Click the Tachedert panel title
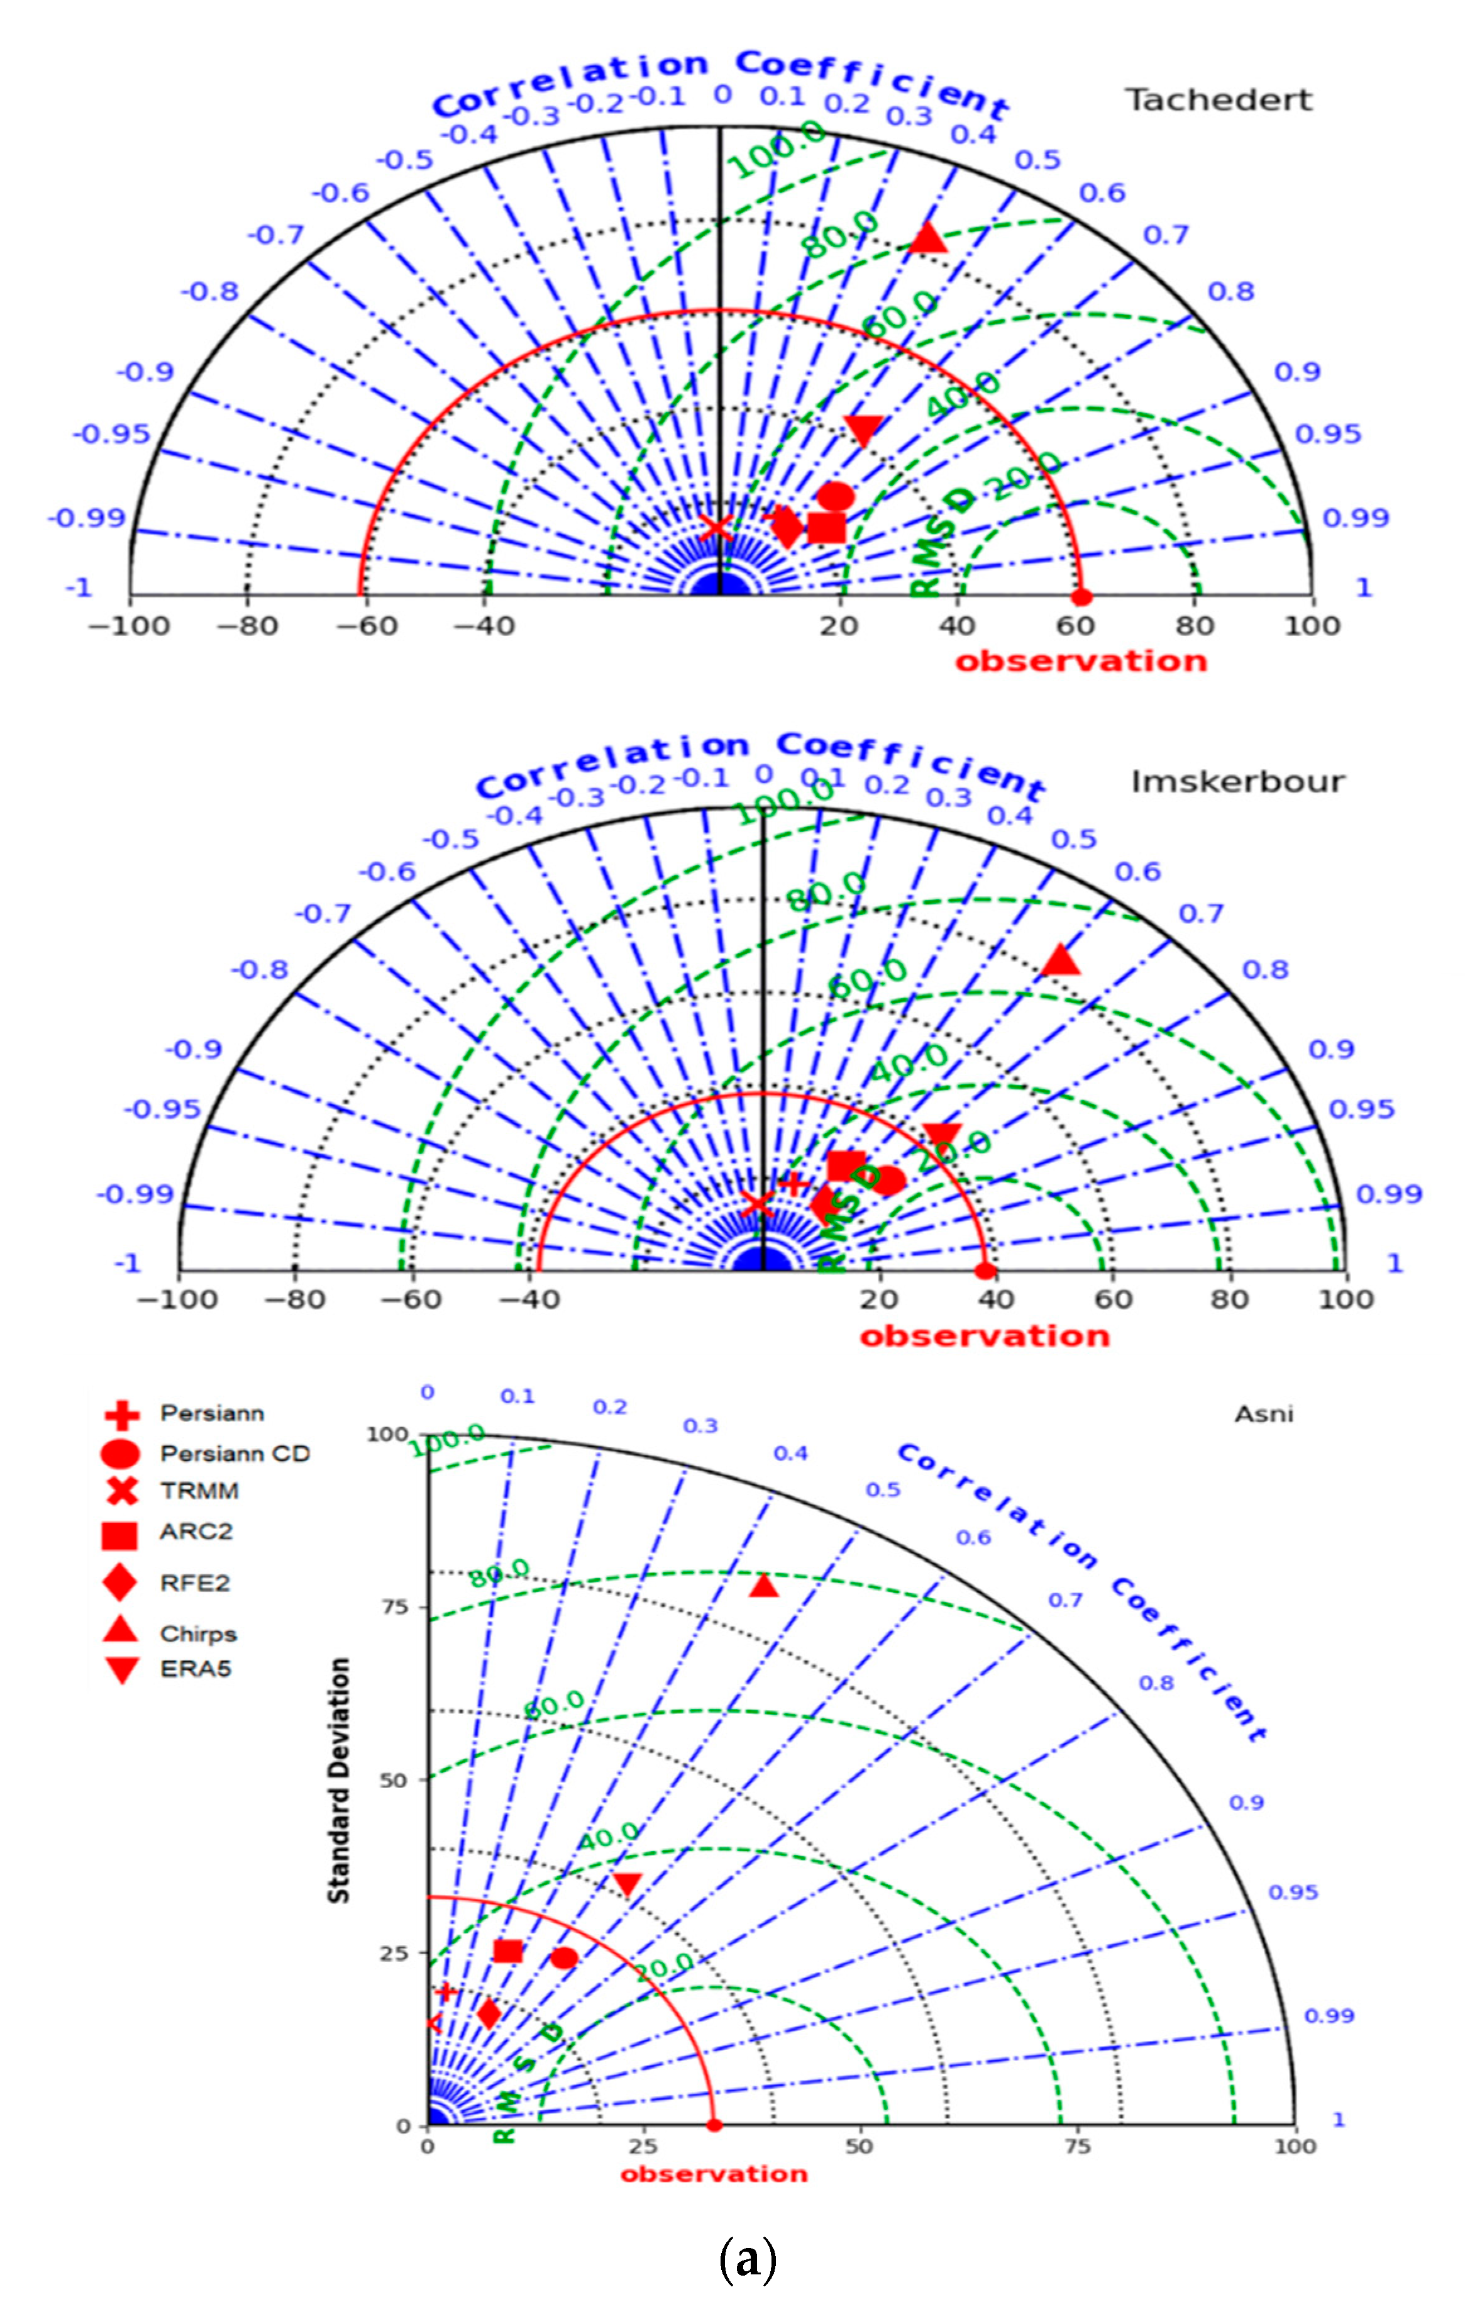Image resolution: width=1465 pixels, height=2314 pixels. click(x=1218, y=100)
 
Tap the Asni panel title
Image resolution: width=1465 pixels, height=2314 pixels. click(x=1263, y=1413)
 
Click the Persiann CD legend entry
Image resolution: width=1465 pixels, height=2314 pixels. click(x=235, y=1454)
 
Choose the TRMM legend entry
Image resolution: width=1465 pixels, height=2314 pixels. click(x=199, y=1491)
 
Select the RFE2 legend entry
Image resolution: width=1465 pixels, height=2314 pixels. click(x=194, y=1583)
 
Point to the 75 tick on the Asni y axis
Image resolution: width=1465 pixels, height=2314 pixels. click(x=395, y=1606)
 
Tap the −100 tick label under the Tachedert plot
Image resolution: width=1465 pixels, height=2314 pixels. click(x=129, y=626)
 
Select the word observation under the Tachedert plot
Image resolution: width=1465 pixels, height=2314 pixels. click(x=1081, y=661)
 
